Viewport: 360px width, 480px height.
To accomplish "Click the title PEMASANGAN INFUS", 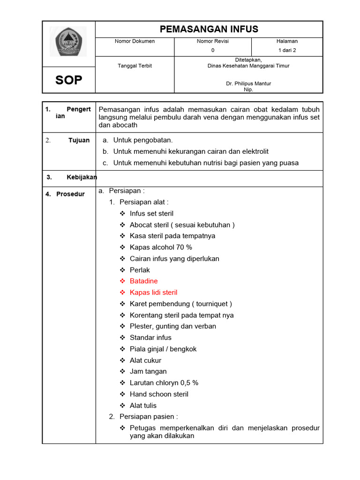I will pos(209,29).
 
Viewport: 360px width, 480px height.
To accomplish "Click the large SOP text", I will pos(68,80).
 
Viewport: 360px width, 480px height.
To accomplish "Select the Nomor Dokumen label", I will pos(135,41).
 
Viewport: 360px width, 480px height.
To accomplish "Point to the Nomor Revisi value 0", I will pos(213,50).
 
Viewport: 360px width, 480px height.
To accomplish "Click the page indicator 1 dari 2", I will pos(287,50).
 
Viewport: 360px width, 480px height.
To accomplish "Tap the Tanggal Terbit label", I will pos(135,66).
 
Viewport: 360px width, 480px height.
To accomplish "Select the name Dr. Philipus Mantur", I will pos(248,83).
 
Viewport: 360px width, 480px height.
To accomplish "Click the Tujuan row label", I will pos(79,141).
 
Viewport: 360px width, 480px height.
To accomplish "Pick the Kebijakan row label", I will pos(81,177).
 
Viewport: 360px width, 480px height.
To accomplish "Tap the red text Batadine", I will pos(143,281).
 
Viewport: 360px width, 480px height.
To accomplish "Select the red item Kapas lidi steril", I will pos(153,292).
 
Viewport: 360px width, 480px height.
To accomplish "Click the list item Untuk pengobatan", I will pos(143,140).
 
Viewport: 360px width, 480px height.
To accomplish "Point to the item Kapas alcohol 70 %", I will pos(161,247).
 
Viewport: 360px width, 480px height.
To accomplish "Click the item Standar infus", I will pos(150,337).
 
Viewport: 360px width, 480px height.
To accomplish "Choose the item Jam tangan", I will pos(148,371).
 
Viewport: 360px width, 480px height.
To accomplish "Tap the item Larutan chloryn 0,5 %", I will pos(164,382).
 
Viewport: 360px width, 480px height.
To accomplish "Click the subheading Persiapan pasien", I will pos(149,416).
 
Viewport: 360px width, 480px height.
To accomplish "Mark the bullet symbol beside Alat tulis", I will pos(122,405).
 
